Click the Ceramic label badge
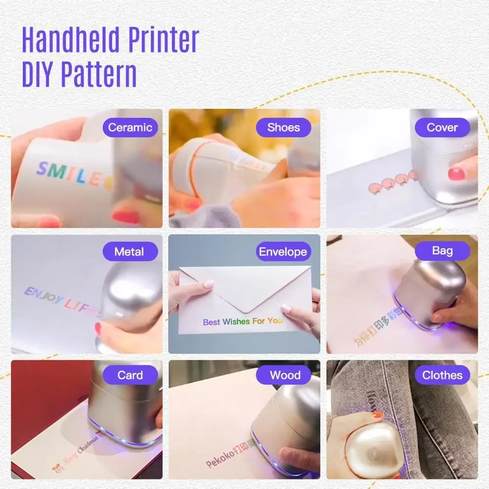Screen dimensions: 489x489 point(130,128)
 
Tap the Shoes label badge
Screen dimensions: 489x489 point(284,128)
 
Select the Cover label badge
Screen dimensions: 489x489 point(442,128)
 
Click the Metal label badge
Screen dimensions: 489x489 point(130,252)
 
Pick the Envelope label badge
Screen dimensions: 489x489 point(283,252)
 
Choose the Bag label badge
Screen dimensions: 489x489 point(442,251)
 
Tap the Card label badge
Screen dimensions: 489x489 point(130,376)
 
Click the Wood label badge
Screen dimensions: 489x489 point(285,376)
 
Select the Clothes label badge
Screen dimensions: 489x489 point(442,376)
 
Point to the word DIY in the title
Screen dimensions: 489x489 point(39,74)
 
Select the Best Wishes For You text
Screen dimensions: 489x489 point(243,321)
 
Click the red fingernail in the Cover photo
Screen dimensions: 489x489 point(456,173)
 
